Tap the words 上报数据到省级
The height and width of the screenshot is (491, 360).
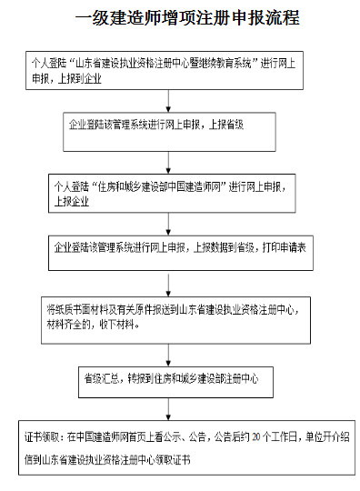(x=220, y=245)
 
